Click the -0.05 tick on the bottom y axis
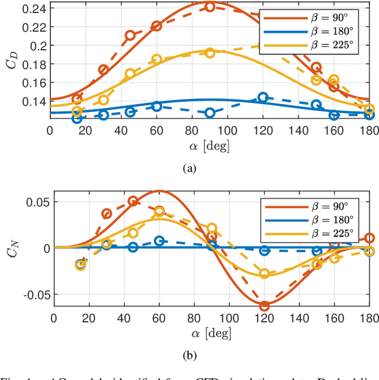click(x=34, y=295)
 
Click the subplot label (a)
click(x=189, y=169)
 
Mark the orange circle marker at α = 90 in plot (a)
click(x=210, y=7)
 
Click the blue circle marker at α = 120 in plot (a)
click(x=263, y=97)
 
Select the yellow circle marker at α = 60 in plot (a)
click(x=156, y=59)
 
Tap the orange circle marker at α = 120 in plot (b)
click(x=264, y=306)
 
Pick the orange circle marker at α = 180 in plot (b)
click(x=370, y=238)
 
